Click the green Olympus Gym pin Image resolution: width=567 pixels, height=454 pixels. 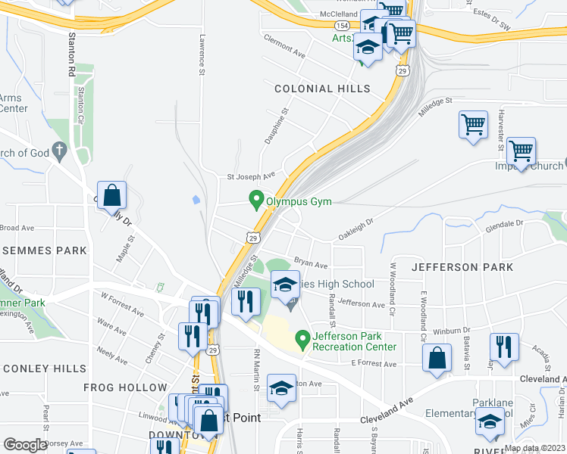click(256, 201)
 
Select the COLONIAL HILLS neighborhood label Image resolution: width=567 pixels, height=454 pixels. click(322, 89)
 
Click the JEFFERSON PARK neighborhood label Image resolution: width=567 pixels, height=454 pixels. click(462, 267)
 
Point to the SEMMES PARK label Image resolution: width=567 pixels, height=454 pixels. click(44, 250)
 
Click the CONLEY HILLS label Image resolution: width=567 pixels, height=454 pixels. click(44, 368)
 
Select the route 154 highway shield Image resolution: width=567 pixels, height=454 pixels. click(343, 26)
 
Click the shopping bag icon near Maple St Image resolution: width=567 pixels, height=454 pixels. click(111, 196)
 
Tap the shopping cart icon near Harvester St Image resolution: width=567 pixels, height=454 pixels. click(521, 151)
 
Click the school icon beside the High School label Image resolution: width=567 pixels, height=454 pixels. click(285, 285)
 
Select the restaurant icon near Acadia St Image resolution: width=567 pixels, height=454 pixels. click(504, 347)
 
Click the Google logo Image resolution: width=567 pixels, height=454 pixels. click(25, 445)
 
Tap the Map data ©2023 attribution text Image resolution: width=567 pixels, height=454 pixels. click(534, 448)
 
